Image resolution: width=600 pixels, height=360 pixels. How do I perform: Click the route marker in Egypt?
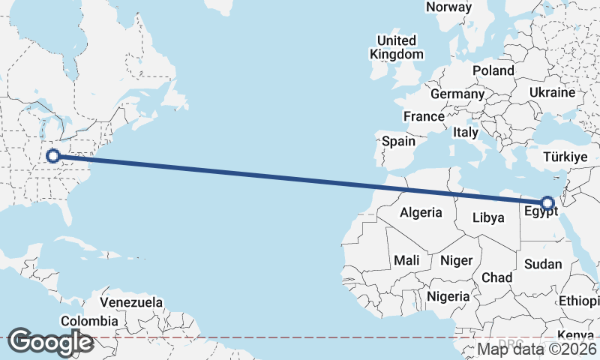[x=547, y=202]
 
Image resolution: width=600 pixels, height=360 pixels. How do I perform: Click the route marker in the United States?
[x=52, y=156]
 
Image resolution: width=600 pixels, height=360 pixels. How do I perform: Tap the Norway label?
[x=448, y=7]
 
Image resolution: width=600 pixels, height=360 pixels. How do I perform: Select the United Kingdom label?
[x=397, y=47]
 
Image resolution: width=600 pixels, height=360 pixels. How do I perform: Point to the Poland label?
[x=493, y=70]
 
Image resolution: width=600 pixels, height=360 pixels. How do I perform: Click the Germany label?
[x=457, y=94]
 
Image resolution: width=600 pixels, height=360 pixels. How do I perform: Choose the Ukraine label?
[x=551, y=92]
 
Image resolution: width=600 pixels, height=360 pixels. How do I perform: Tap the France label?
[x=424, y=116]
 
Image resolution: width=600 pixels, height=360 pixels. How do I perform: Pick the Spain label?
[x=398, y=141]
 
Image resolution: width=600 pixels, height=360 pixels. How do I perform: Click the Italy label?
[x=465, y=132]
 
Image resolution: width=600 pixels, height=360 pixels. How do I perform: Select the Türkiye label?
[x=565, y=157]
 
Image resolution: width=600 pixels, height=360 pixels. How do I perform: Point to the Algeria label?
[x=421, y=212]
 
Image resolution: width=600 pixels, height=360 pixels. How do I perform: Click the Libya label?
[x=488, y=218]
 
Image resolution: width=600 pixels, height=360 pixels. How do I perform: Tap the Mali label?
[x=406, y=260]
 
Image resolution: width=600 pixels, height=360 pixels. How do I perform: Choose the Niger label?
[x=456, y=260]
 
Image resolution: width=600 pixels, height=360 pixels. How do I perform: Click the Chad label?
[x=496, y=277]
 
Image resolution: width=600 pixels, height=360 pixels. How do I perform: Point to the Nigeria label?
[x=448, y=296]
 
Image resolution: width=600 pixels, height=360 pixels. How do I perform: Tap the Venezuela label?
[x=131, y=302]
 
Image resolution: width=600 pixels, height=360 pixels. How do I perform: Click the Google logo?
[x=49, y=342]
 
